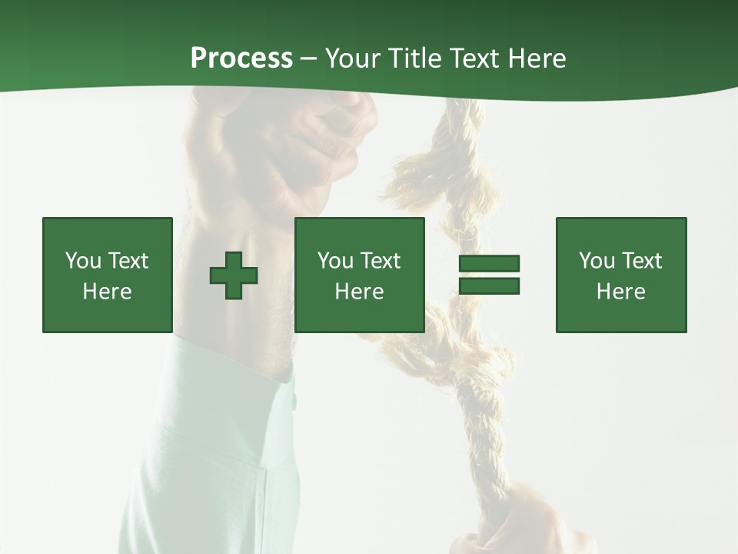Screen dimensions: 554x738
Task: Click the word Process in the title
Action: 241,58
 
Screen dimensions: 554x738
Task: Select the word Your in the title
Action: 351,58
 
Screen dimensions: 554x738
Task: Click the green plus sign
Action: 234,275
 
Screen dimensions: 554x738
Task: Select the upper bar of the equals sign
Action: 489,263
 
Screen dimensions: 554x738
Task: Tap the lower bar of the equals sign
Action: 489,286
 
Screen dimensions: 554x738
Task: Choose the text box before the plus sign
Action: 107,275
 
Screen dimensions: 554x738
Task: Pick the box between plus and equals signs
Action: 359,275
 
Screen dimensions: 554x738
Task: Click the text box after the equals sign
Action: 620,275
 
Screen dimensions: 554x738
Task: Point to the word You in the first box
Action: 83,261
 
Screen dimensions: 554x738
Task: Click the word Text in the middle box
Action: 381,261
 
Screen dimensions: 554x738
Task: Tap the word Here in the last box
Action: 620,292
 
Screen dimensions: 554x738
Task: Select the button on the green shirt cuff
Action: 293,402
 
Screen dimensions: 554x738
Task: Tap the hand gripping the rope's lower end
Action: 530,523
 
